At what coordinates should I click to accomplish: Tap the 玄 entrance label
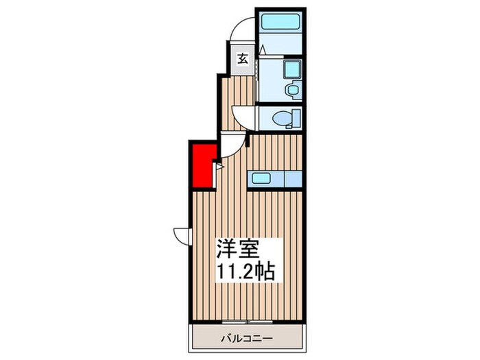coord(243,59)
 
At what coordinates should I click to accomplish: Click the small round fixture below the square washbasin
coord(291,89)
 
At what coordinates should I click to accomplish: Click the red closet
coord(201,165)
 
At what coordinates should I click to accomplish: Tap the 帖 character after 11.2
coord(265,272)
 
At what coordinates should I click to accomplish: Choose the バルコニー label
coord(248,338)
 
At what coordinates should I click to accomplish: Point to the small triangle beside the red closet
coord(219,165)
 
